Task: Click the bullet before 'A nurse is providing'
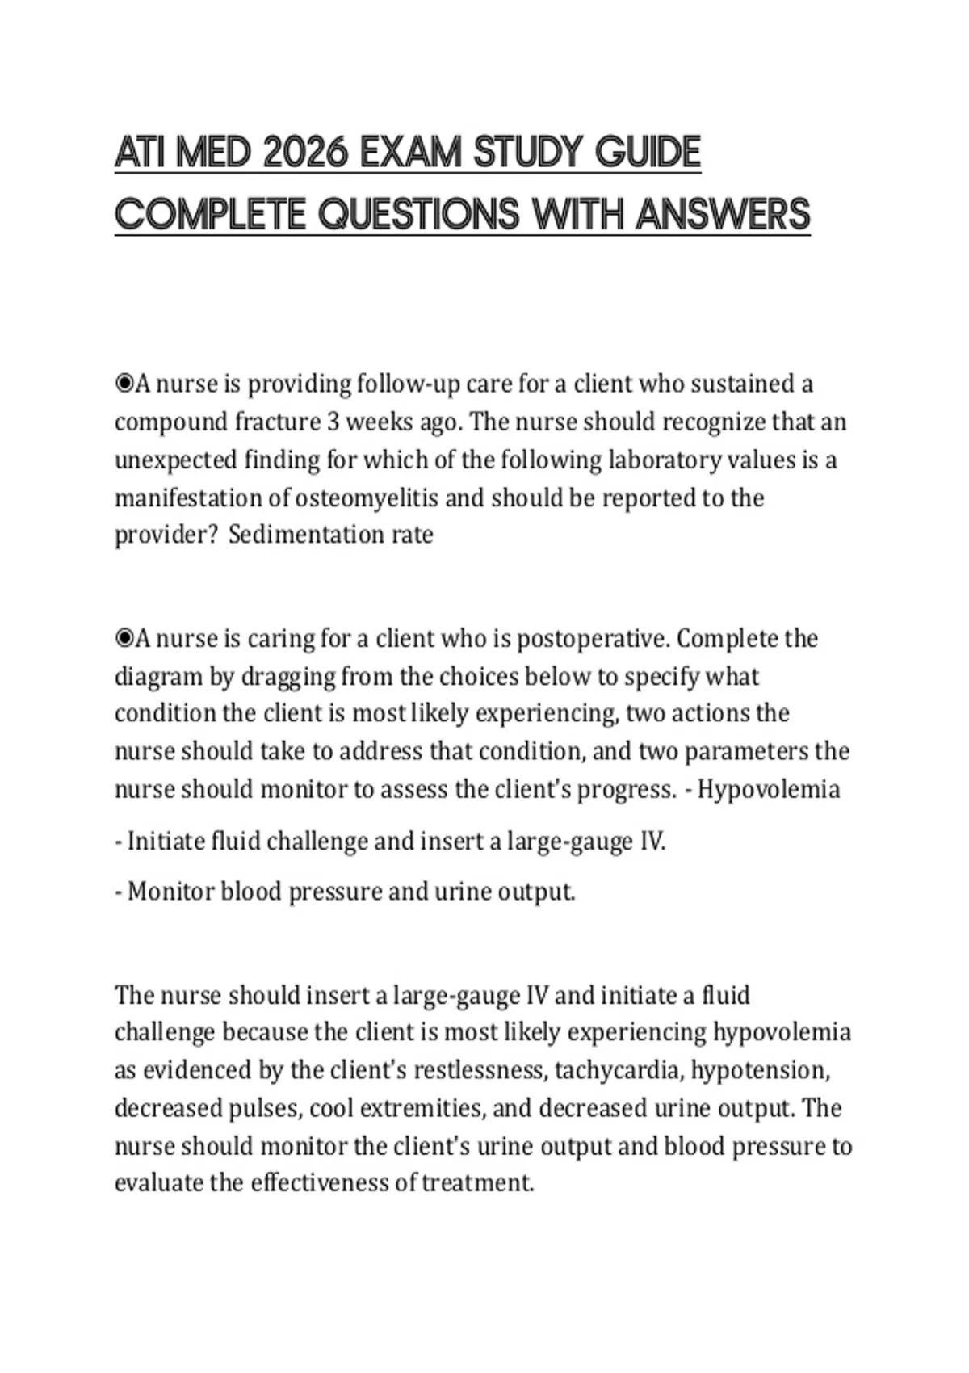tap(124, 384)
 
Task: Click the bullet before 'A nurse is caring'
tap(124, 639)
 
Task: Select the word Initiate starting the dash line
tap(166, 842)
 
